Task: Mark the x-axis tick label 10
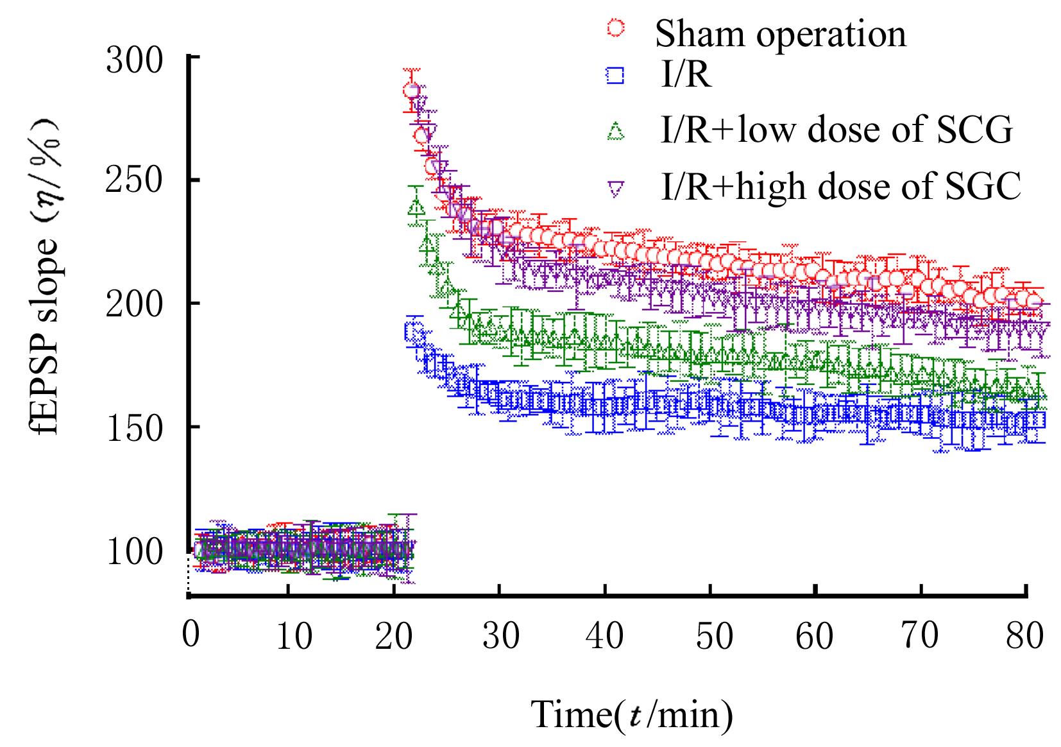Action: [x=296, y=637]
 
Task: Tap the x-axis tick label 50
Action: [x=715, y=637]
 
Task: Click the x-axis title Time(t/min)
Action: [x=632, y=714]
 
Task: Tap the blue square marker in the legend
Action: [x=616, y=76]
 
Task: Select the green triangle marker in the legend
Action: [x=616, y=132]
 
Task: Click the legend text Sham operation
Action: [x=780, y=33]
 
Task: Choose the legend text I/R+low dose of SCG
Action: [x=836, y=130]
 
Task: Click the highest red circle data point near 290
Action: [x=412, y=90]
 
